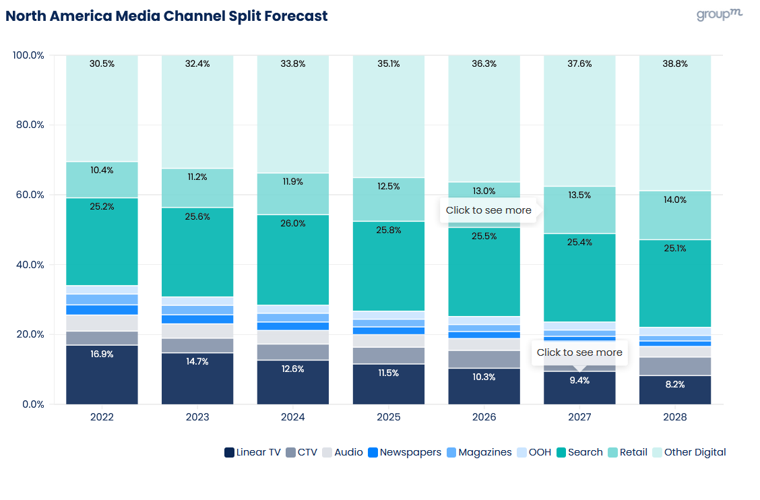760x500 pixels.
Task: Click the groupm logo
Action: tap(720, 15)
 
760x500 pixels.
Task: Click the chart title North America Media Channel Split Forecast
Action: tap(166, 16)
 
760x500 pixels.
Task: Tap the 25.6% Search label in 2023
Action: tap(197, 216)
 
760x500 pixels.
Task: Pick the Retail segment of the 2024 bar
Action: tap(293, 193)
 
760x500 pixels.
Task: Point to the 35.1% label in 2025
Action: tap(389, 64)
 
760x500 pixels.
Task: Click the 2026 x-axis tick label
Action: tap(484, 417)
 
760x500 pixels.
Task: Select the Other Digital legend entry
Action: tap(695, 452)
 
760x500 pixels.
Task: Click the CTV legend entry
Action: tap(307, 452)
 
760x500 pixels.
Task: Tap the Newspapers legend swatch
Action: tap(373, 453)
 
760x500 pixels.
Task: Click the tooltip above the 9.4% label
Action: tap(579, 352)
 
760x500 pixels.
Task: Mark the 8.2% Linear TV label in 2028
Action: tap(675, 385)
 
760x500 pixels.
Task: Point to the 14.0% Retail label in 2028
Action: tap(675, 200)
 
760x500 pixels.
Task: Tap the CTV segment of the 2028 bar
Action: tap(675, 366)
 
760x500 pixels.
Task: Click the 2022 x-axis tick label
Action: tap(102, 417)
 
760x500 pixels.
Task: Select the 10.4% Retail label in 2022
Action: tap(102, 170)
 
